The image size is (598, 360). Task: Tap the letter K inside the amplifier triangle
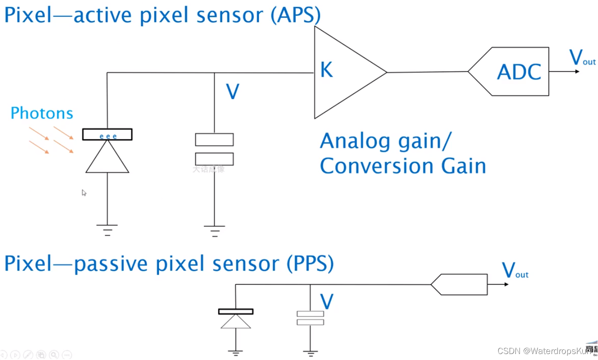tap(326, 70)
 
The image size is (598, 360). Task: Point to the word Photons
tap(42, 113)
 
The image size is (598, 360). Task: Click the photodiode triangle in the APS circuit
tap(107, 157)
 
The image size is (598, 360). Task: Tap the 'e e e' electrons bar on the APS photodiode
tap(107, 135)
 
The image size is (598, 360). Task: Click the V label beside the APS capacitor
tap(233, 92)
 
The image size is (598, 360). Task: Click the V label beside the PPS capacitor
tap(326, 302)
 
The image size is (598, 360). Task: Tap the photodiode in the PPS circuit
tap(236, 319)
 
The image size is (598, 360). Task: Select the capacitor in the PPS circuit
tap(310, 318)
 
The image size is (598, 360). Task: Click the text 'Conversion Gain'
tap(402, 166)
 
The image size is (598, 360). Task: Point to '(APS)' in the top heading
tap(295, 15)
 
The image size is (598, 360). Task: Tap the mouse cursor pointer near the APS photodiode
tap(84, 192)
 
